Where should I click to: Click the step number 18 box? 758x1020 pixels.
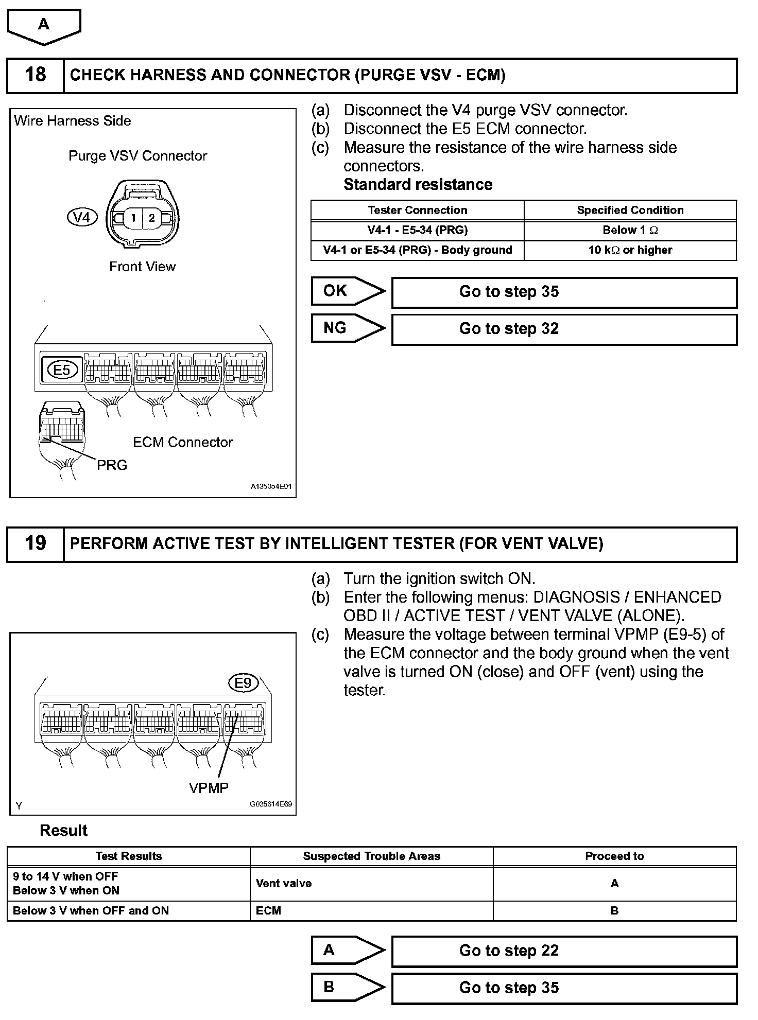coord(35,75)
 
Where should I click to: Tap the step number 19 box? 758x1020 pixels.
coord(35,543)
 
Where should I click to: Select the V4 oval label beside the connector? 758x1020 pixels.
coord(82,217)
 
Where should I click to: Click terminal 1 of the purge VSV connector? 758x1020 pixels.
coord(133,218)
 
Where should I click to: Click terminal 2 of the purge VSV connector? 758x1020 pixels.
coord(152,218)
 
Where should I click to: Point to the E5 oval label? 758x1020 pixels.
coord(62,370)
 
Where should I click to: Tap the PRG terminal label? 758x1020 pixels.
coord(112,465)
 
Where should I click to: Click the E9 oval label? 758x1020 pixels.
coord(243,683)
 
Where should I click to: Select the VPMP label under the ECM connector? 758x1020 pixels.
coord(209,788)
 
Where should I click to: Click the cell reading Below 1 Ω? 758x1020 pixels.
coord(630,230)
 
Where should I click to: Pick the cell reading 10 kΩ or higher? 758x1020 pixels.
coord(630,250)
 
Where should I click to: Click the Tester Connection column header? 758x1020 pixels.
coord(417,210)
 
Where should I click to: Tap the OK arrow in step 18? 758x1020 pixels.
coord(348,291)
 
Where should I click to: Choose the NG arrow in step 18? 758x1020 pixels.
coord(348,328)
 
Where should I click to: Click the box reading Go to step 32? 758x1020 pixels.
coord(564,329)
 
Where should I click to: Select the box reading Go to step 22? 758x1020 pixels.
coord(564,951)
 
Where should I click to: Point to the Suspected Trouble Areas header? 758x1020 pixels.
coord(371,856)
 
